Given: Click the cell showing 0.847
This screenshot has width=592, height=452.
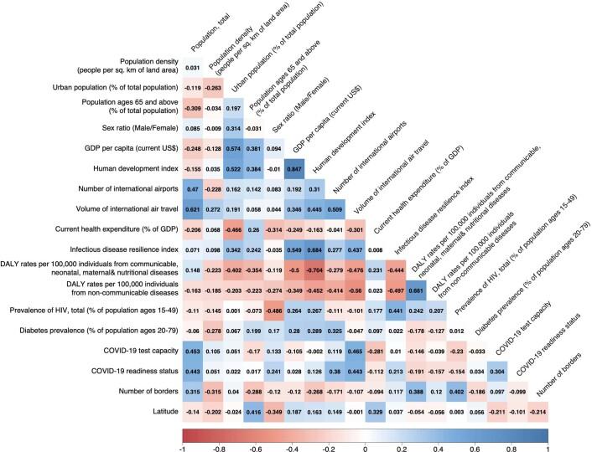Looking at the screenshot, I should [296, 167].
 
